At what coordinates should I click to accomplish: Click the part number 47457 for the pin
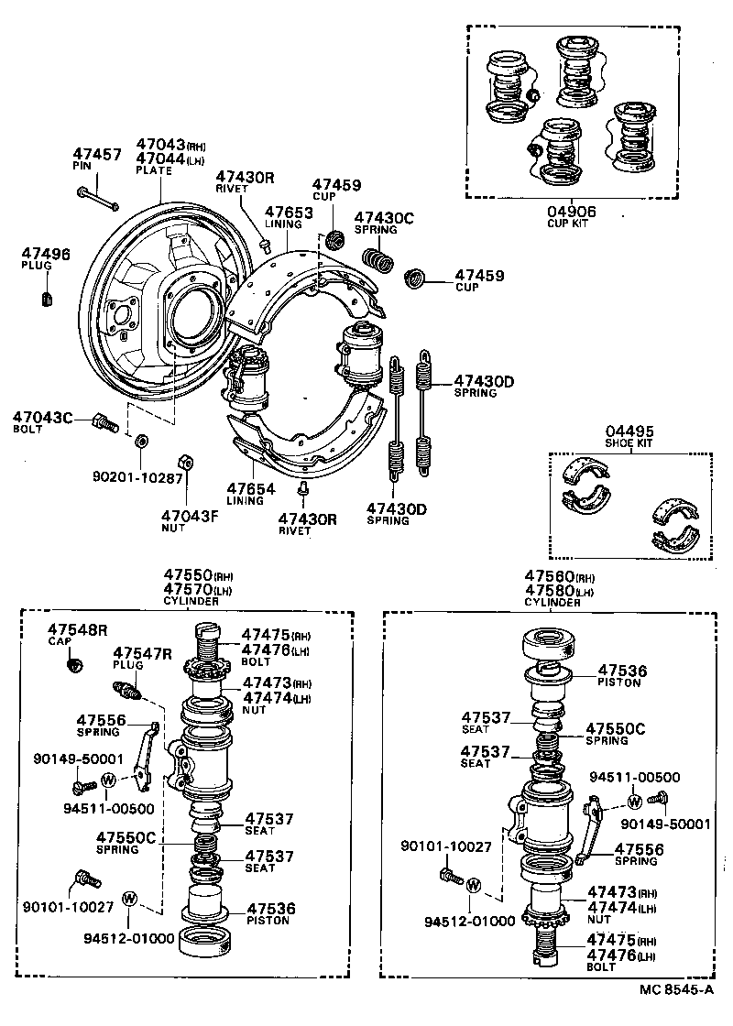(96, 155)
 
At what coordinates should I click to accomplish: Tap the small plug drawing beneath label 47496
(49, 298)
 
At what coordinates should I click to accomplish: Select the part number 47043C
(42, 418)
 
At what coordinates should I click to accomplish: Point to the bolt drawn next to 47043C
(104, 424)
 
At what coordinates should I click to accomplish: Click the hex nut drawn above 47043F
(182, 461)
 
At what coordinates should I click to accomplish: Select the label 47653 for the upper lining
(290, 212)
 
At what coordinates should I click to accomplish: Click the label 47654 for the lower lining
(251, 489)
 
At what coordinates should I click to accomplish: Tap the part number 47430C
(384, 218)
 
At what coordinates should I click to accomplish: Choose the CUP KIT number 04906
(572, 211)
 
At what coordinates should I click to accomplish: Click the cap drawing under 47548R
(78, 662)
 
